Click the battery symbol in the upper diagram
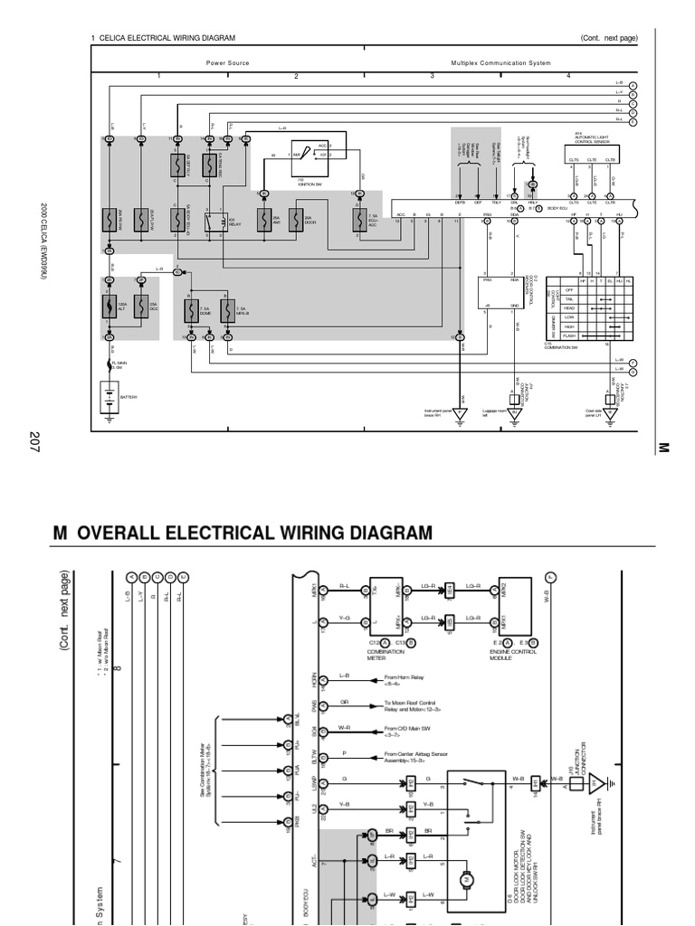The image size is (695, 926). point(109,395)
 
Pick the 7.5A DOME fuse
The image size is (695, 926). point(192,310)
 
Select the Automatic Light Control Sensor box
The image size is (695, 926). point(593,138)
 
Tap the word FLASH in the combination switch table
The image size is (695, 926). point(569,335)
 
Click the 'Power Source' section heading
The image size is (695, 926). point(227,63)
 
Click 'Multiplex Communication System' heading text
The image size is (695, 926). point(500,63)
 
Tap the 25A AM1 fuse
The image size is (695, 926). point(264,220)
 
